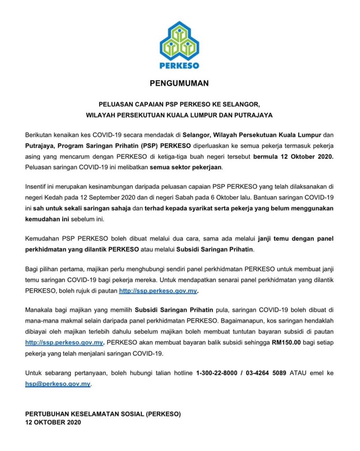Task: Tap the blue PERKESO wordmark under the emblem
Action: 180,65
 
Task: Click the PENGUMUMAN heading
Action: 180,82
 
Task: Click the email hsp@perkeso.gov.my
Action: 58,384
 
